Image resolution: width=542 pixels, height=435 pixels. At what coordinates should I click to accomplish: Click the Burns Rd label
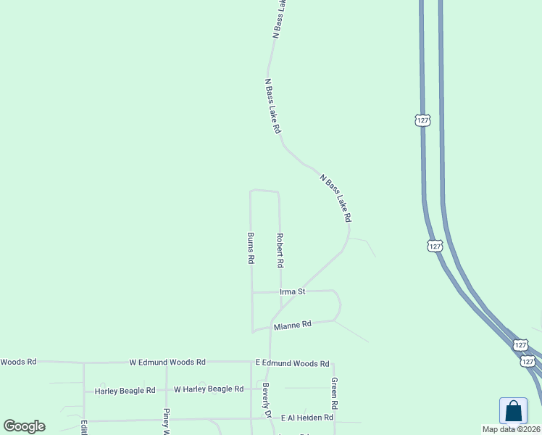pyautogui.click(x=251, y=248)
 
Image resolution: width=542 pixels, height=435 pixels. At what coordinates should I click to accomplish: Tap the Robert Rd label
pyautogui.click(x=280, y=249)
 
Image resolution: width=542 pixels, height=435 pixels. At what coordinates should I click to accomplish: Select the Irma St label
pyautogui.click(x=293, y=291)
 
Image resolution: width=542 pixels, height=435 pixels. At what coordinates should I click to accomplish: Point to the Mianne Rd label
pyautogui.click(x=292, y=325)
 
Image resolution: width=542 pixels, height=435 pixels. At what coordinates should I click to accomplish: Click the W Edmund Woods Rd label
pyautogui.click(x=167, y=362)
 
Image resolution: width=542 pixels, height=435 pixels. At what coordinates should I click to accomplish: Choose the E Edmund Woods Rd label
pyautogui.click(x=293, y=363)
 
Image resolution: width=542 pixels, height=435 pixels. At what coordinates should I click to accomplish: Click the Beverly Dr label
pyautogui.click(x=266, y=400)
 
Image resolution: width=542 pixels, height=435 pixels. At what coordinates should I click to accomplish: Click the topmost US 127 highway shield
pyautogui.click(x=423, y=120)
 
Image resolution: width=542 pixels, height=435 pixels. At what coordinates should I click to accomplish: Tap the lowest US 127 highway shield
pyautogui.click(x=528, y=361)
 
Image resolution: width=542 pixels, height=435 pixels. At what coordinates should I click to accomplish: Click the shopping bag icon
pyautogui.click(x=513, y=411)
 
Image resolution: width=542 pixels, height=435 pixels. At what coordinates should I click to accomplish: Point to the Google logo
pyautogui.click(x=24, y=426)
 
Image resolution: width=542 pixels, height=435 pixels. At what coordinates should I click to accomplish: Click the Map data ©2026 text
pyautogui.click(x=512, y=429)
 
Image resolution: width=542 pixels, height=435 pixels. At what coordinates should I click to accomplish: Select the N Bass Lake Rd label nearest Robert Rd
pyautogui.click(x=335, y=197)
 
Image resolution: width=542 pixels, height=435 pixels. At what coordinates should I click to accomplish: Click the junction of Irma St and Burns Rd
pyautogui.click(x=251, y=292)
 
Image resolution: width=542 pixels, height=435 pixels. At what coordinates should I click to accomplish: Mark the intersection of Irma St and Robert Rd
pyautogui.click(x=280, y=292)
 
